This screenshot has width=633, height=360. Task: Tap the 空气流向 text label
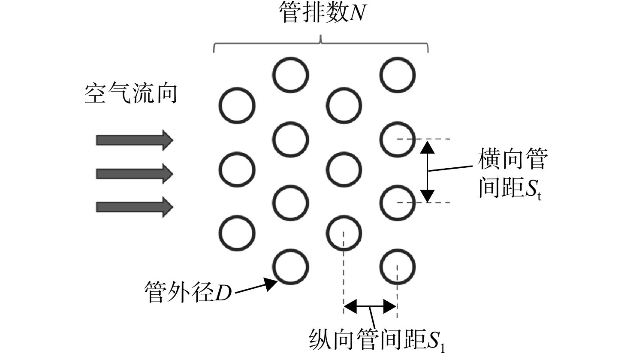(131, 93)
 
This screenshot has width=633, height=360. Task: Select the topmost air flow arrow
(135, 140)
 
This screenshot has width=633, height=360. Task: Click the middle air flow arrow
(135, 174)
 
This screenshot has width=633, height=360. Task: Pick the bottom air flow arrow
(135, 207)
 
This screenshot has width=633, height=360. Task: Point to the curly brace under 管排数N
(321, 44)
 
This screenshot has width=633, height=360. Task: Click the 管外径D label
(188, 292)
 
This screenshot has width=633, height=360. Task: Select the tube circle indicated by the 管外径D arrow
(290, 267)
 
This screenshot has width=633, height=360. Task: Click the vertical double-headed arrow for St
(427, 171)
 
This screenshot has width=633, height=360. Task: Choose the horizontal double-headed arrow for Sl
(370, 306)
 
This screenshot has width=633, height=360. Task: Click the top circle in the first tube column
(237, 106)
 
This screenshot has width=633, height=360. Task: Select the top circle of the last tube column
(398, 75)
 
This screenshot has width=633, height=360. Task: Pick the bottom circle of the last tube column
(398, 267)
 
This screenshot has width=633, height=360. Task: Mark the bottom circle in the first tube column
(237, 233)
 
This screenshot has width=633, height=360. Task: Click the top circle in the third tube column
(344, 106)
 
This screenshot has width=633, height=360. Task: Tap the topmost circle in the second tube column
(290, 75)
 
